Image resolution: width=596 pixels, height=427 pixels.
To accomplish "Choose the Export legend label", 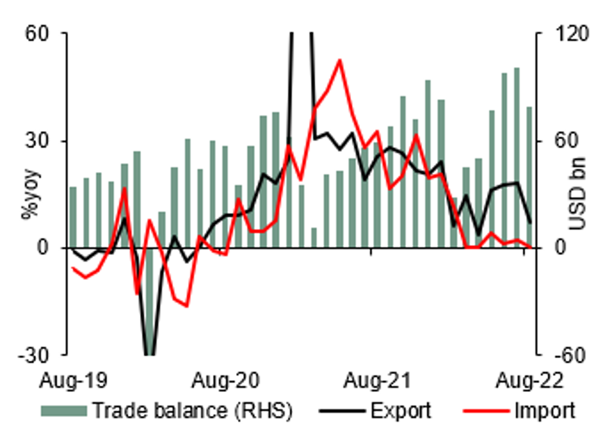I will coord(401,410).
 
